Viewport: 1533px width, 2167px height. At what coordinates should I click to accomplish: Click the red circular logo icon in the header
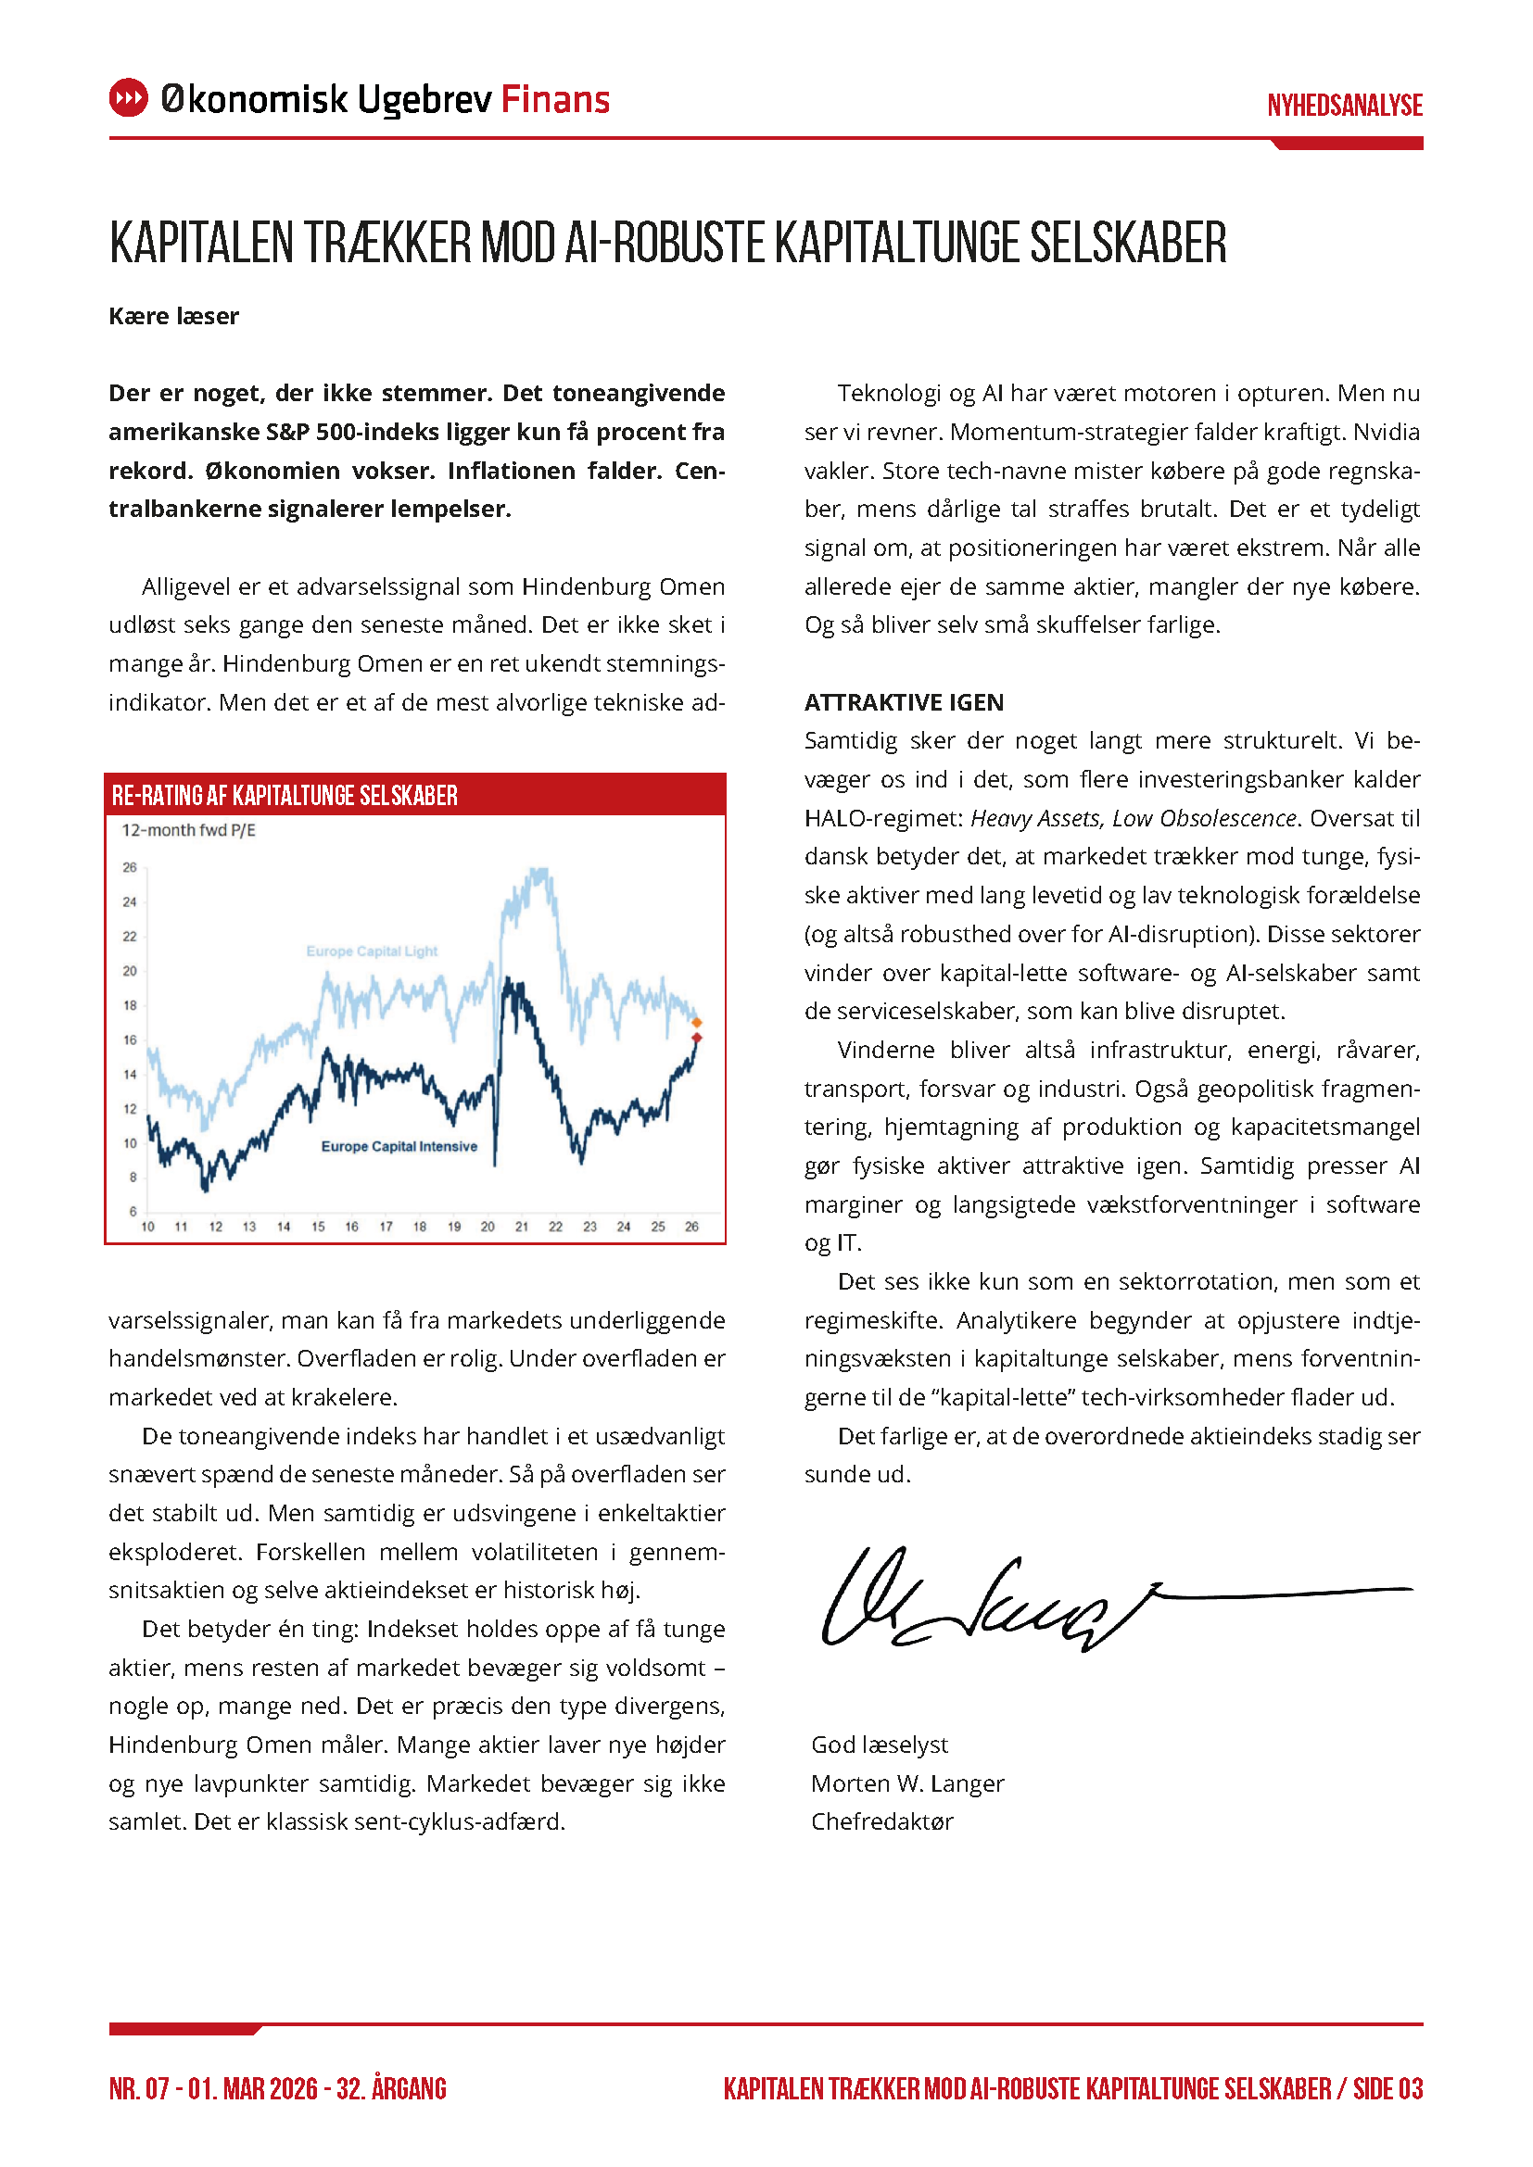[x=129, y=98]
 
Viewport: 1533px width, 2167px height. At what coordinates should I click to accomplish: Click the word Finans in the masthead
[x=555, y=99]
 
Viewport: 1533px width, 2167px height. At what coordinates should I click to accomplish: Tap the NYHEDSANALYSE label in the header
[x=1344, y=105]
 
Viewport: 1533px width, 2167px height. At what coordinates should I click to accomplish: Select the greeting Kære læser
[x=173, y=316]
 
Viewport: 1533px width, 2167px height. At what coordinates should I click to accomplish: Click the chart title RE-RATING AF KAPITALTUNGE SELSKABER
[x=285, y=796]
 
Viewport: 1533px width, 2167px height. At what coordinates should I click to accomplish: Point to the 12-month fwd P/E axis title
[x=189, y=830]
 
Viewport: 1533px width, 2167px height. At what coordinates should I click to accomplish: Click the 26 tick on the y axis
[x=130, y=867]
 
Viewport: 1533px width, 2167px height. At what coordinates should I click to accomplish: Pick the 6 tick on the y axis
[x=133, y=1211]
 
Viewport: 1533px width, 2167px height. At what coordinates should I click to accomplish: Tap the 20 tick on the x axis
[x=488, y=1227]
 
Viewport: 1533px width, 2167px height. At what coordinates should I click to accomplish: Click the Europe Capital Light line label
[x=371, y=951]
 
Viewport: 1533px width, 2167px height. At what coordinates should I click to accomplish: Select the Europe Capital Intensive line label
[x=399, y=1147]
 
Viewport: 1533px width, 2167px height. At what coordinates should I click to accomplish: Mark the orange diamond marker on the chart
[x=697, y=1022]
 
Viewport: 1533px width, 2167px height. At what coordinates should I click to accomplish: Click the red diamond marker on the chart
[x=697, y=1039]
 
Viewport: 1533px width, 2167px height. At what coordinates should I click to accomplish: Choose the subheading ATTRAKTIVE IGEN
[x=904, y=702]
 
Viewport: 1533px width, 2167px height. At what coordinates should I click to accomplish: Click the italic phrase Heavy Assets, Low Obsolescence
[x=1133, y=818]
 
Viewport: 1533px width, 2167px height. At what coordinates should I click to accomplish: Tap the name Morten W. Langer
[x=907, y=1783]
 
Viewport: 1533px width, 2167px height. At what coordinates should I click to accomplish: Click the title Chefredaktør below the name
[x=881, y=1822]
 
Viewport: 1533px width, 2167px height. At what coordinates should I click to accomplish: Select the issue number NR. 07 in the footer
[x=139, y=2088]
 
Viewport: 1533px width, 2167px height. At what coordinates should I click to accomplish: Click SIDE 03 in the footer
[x=1387, y=2088]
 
